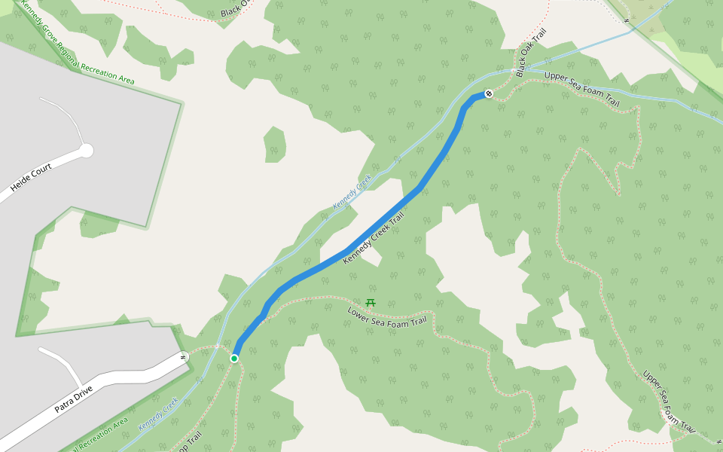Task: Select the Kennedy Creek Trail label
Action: click(374, 238)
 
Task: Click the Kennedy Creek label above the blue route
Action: click(352, 194)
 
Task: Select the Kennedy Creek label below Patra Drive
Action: click(158, 414)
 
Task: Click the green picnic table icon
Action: click(370, 303)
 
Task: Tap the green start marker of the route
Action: click(234, 358)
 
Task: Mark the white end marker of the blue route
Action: click(489, 93)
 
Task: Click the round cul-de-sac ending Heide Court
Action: click(86, 151)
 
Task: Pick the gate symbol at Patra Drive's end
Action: click(183, 357)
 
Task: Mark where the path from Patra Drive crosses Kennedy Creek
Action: click(218, 347)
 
